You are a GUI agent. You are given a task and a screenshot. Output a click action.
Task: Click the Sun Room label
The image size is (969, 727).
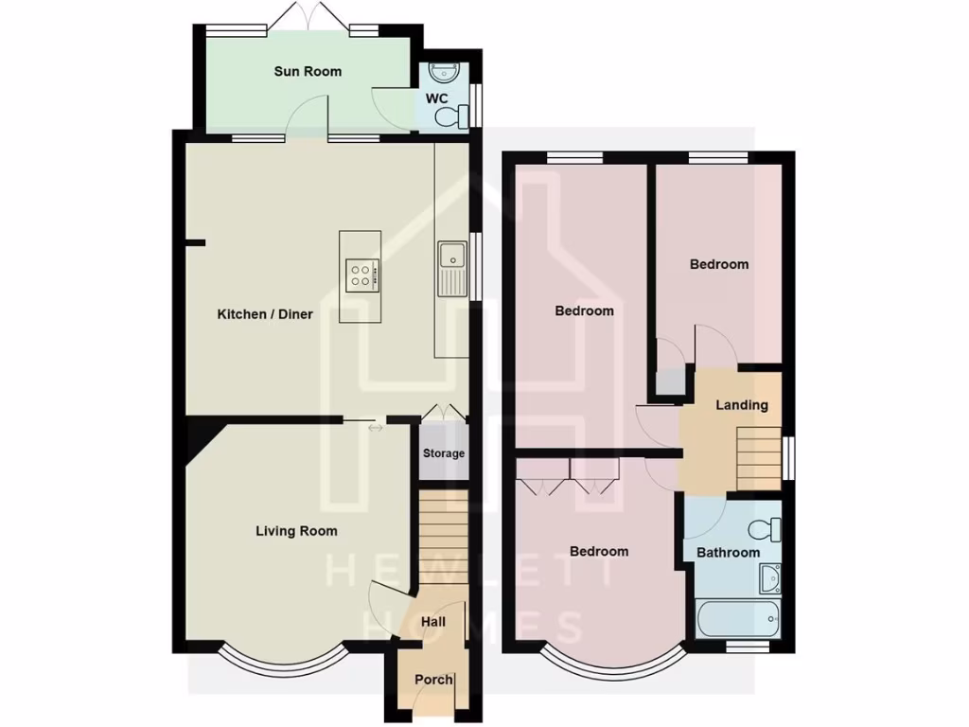[x=308, y=71]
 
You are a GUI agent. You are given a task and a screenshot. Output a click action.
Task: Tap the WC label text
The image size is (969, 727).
[x=436, y=98]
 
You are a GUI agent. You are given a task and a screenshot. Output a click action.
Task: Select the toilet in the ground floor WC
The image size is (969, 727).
[x=450, y=116]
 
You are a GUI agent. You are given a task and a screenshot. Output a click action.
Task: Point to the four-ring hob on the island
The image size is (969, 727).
[x=361, y=275]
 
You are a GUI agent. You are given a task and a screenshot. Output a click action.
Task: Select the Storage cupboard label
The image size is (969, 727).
[x=444, y=453]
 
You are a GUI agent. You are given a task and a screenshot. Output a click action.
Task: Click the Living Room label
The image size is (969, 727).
[x=296, y=531]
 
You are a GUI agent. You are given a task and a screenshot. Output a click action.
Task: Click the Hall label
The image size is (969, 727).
[x=432, y=622]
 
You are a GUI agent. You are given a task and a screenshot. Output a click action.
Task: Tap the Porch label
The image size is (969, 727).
[x=433, y=680]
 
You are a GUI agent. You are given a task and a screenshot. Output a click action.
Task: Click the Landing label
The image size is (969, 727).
[x=741, y=405]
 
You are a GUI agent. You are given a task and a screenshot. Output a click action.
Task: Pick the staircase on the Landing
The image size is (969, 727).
[x=758, y=457]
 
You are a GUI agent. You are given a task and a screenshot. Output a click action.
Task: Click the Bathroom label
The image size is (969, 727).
[x=728, y=552]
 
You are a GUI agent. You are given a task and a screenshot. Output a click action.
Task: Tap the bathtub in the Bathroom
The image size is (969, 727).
[x=738, y=620]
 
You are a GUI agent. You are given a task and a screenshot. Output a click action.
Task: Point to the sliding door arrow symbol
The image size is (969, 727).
[x=376, y=429]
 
